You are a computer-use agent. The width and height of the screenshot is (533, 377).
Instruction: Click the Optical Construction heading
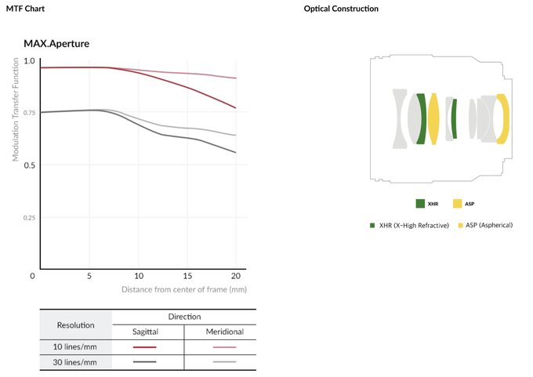(341, 9)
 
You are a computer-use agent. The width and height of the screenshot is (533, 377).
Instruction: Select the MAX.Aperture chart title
(56, 43)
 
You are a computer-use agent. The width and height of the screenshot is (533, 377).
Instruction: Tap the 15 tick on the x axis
(187, 276)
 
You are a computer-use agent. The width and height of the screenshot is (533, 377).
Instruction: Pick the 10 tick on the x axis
(139, 276)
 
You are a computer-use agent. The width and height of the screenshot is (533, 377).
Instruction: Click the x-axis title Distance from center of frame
(184, 289)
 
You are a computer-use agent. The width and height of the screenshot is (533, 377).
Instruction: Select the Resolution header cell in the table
(76, 324)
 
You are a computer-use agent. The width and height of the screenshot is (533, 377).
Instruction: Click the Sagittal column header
(145, 332)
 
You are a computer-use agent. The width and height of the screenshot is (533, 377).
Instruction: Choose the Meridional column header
(224, 332)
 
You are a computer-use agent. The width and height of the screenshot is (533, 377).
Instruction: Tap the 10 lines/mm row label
(76, 346)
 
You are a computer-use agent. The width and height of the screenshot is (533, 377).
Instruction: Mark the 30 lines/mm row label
(76, 361)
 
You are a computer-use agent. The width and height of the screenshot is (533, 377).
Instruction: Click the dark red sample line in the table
(145, 346)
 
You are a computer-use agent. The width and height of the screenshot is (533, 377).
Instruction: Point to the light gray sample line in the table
(224, 361)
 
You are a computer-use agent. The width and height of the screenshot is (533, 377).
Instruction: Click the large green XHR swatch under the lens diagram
(421, 204)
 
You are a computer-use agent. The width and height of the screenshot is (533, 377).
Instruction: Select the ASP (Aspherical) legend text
(489, 225)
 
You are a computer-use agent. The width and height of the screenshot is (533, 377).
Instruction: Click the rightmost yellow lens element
(503, 118)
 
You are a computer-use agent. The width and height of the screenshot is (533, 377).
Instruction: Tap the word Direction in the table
(185, 317)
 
